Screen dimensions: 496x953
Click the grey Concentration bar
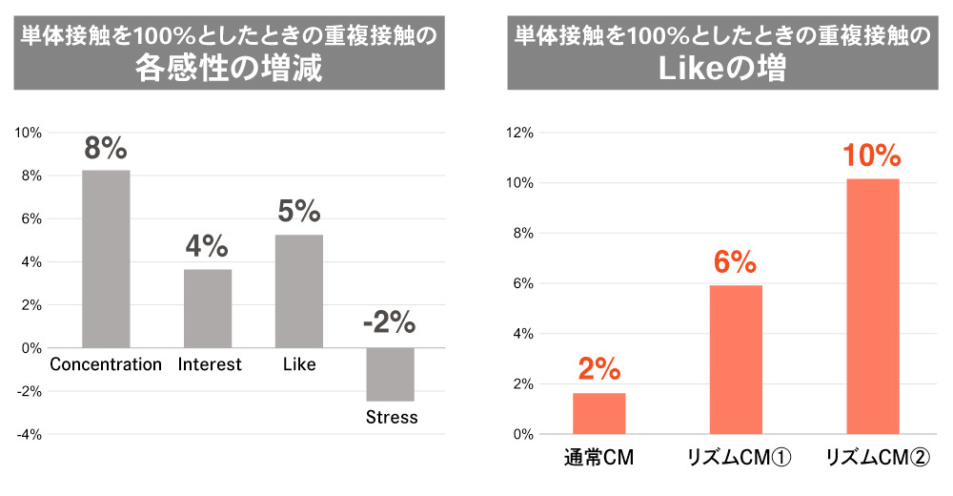pos(106,258)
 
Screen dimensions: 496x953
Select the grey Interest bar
pos(208,308)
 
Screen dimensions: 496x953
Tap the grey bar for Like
pos(299,291)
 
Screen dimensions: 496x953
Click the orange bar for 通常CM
pos(598,414)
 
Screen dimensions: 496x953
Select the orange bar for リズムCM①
pos(736,360)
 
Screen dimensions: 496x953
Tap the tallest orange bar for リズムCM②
pos(873,306)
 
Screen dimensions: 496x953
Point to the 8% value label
pos(106,149)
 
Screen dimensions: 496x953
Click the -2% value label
pos(389,323)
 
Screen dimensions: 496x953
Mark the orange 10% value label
pos(872,155)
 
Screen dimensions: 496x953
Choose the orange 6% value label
pos(736,260)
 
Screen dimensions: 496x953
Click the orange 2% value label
pos(598,369)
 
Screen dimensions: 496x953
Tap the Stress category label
pos(392,418)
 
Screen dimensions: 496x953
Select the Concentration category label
pos(106,364)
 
